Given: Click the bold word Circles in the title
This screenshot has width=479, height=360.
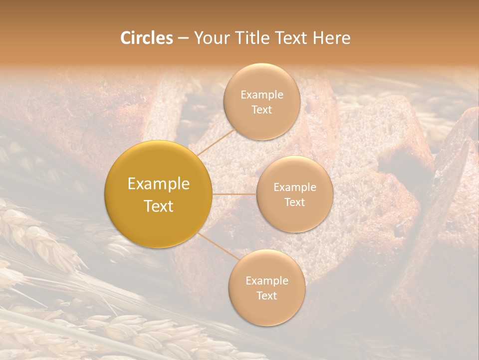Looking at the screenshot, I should (146, 38).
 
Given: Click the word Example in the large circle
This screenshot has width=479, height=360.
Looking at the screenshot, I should (159, 184).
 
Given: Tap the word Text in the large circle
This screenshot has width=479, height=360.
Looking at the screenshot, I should (159, 206).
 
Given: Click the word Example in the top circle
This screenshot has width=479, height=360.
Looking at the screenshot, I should (261, 94).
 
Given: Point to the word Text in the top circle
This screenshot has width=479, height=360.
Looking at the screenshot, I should (261, 109).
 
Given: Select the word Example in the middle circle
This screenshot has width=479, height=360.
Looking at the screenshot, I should (294, 187).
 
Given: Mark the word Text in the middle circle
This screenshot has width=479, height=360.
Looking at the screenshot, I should (294, 202).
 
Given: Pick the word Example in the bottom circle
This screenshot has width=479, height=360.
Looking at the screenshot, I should (266, 280).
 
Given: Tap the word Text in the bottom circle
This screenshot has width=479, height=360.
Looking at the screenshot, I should (266, 295).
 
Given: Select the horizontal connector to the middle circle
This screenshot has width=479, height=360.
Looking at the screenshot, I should (235, 194).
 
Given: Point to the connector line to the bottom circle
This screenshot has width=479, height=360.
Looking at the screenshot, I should (217, 247).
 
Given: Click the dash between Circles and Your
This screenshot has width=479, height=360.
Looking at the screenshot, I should (183, 38).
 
